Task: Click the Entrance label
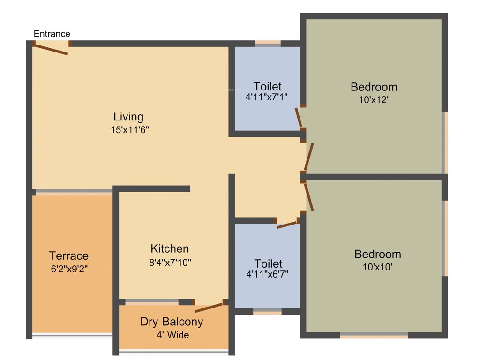point(52,34)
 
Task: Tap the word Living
point(128,116)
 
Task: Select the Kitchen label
point(170,248)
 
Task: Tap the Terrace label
point(69,255)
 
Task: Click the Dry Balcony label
point(172,322)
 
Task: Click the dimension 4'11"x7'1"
point(267,97)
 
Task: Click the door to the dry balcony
point(209,307)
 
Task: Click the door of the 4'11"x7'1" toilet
point(299,118)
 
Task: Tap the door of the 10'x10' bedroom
point(309,197)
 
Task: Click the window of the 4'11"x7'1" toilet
point(268,43)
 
